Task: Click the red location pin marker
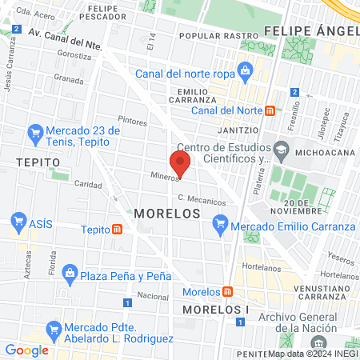pyautogui.click(x=181, y=164)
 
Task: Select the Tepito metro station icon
pyautogui.click(x=118, y=230)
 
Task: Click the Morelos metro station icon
pyautogui.click(x=228, y=291)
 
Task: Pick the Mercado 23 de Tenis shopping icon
pyautogui.click(x=34, y=132)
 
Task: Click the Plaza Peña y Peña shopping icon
pyautogui.click(x=70, y=276)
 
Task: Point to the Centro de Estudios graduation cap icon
pyautogui.click(x=280, y=148)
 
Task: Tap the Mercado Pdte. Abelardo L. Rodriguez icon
pyautogui.click(x=54, y=329)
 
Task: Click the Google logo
pyautogui.click(x=26, y=350)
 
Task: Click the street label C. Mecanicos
pyautogui.click(x=202, y=199)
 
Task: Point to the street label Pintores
pyautogui.click(x=132, y=122)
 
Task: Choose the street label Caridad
pyautogui.click(x=87, y=183)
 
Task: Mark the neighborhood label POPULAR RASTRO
pyautogui.click(x=212, y=36)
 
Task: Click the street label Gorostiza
pyautogui.click(x=74, y=58)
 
